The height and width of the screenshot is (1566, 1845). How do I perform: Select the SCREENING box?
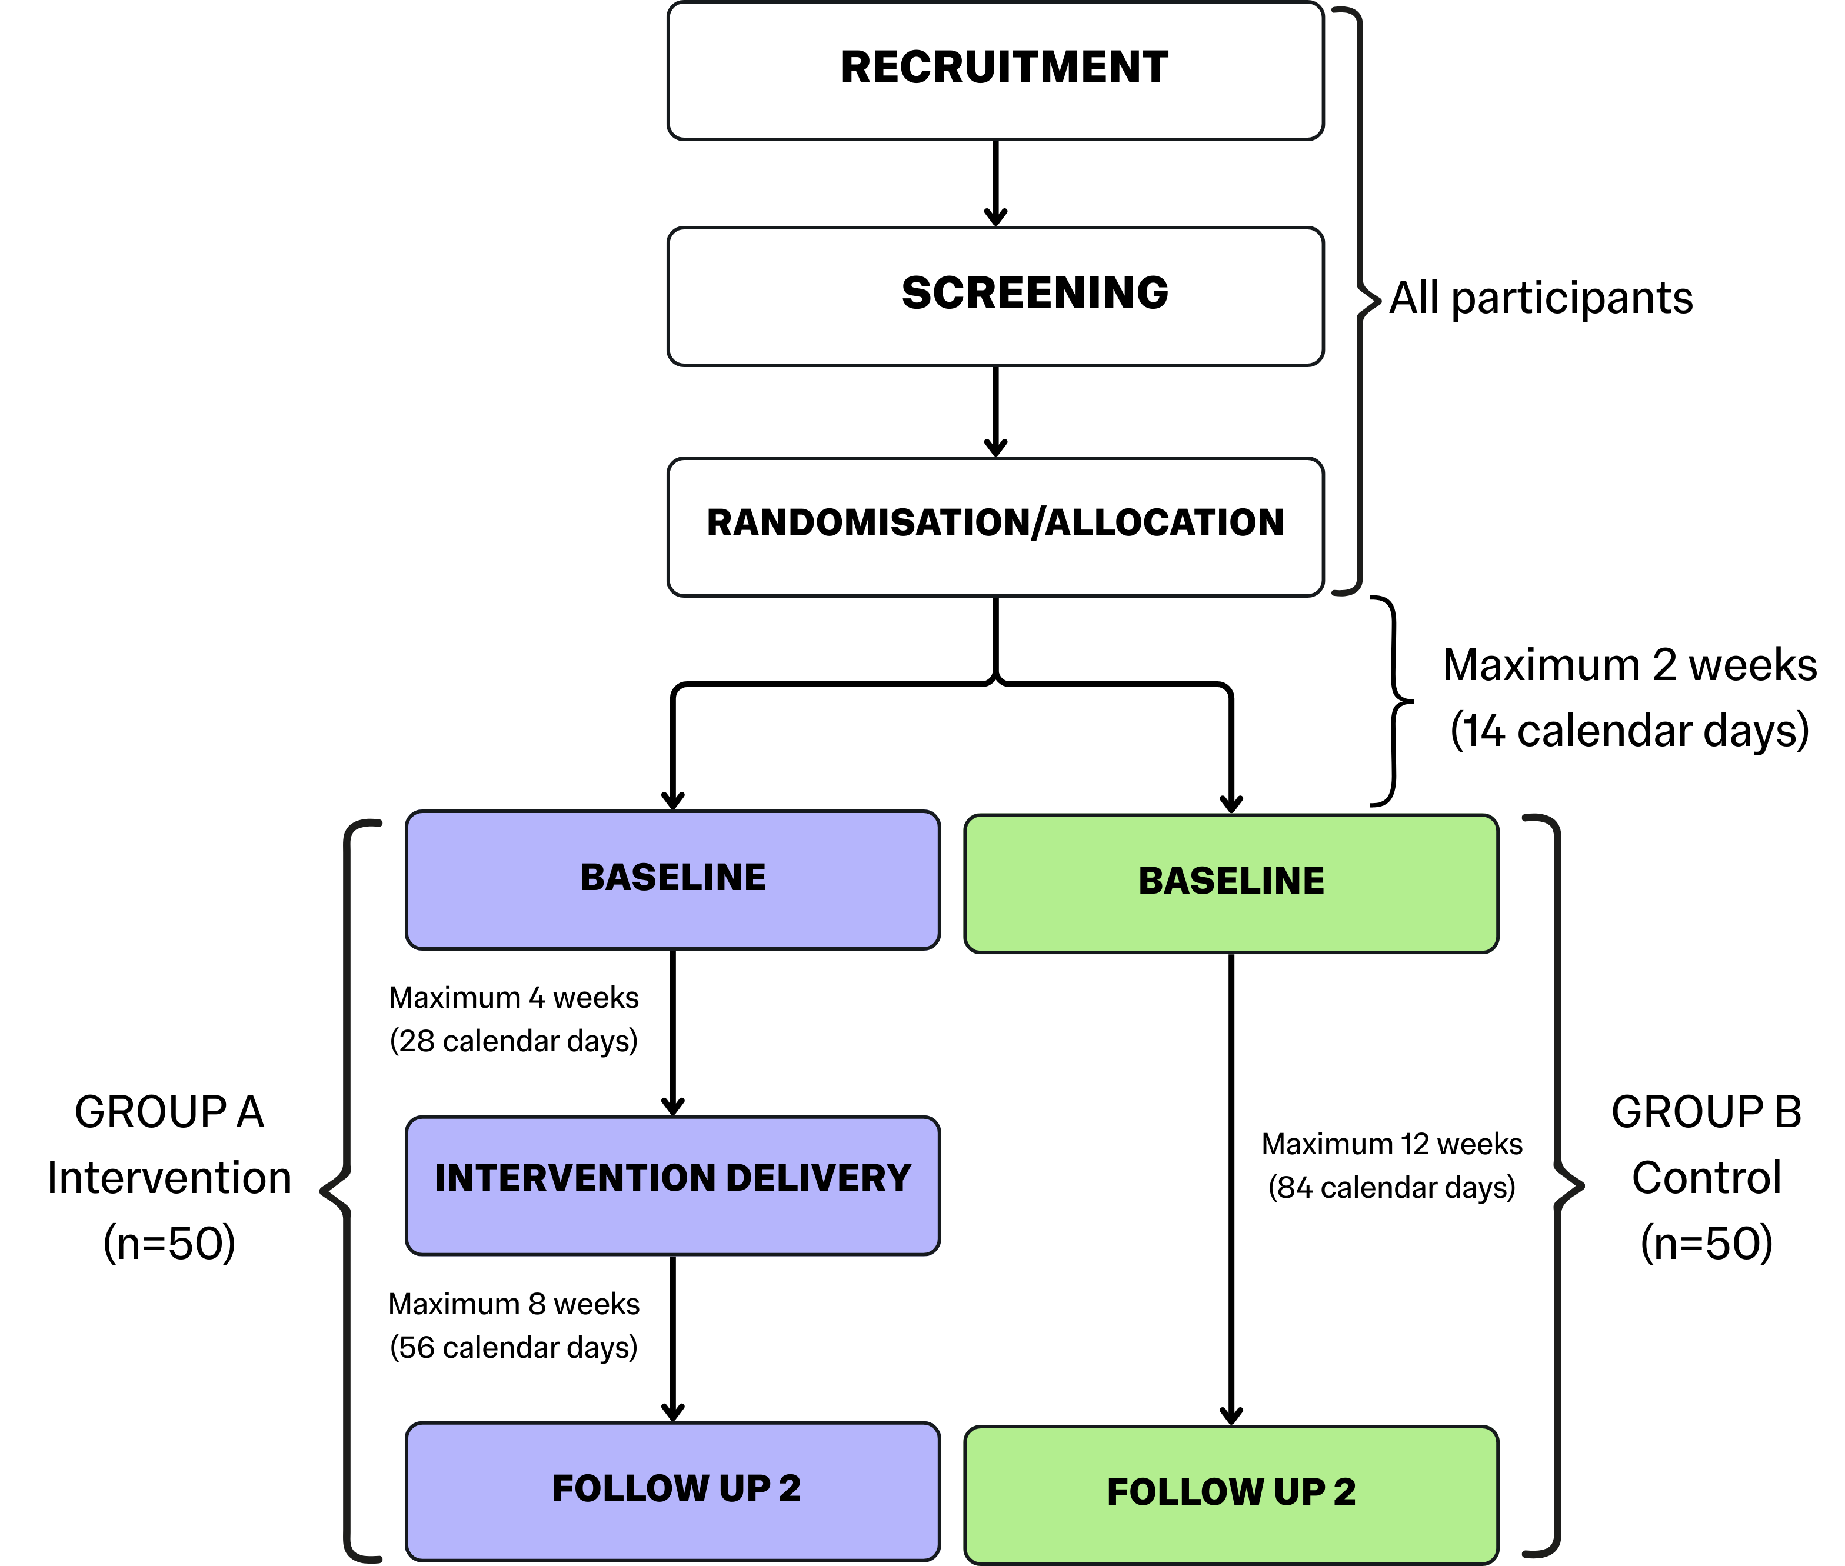(995, 296)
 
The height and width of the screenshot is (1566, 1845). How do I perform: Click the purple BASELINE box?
(672, 879)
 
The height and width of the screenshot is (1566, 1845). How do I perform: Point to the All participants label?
(1540, 298)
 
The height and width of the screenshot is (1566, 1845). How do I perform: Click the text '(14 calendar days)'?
(1629, 731)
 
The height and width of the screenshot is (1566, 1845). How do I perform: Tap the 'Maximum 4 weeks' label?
(513, 998)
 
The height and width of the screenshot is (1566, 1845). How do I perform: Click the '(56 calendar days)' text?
(513, 1348)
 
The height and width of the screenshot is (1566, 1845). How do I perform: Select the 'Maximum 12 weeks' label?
(1391, 1144)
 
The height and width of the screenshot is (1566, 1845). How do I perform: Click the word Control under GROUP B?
(1706, 1178)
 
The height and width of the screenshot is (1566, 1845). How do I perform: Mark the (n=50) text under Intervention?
(169, 1243)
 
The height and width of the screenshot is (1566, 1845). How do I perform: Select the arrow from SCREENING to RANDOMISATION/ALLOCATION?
(995, 411)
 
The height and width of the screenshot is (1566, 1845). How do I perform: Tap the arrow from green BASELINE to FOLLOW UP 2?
(1231, 1190)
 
